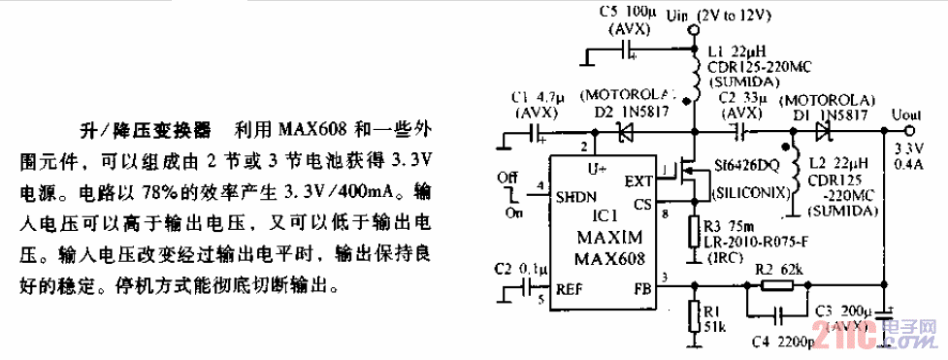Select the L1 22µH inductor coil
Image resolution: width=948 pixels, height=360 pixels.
click(x=694, y=74)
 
